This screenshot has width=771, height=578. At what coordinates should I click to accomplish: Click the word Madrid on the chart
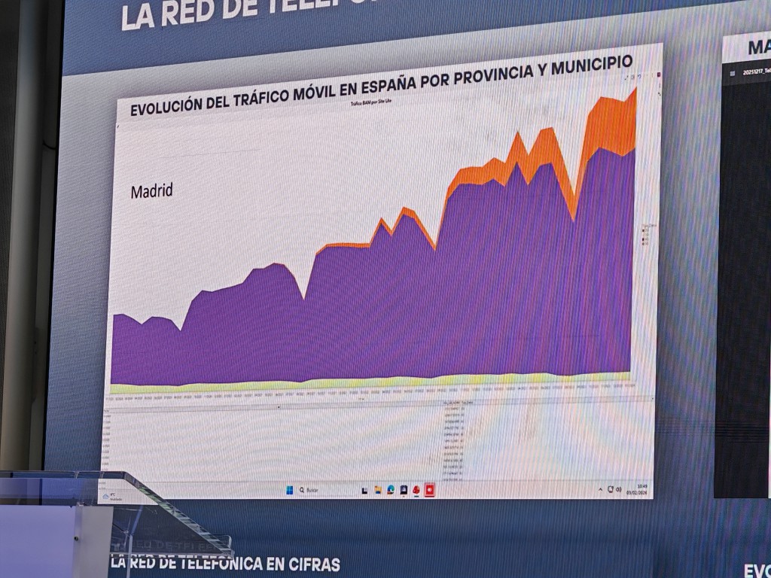click(x=151, y=191)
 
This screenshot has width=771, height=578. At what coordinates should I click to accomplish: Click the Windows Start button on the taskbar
click(x=289, y=490)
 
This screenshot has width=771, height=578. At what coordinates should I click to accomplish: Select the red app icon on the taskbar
click(x=430, y=489)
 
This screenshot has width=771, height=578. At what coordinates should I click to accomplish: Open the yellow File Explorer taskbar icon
click(x=378, y=490)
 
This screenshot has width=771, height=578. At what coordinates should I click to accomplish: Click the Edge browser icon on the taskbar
click(x=391, y=490)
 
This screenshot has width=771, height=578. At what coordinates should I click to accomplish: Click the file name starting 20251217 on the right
click(x=755, y=72)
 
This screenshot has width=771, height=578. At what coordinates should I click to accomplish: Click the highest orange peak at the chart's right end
click(x=634, y=90)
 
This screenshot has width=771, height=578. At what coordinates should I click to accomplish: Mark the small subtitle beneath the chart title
click(x=370, y=100)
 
